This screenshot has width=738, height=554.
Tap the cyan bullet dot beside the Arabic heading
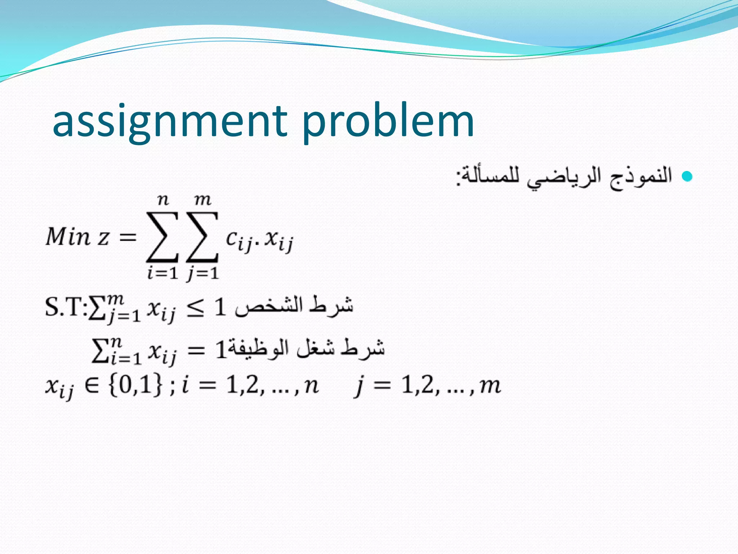[687, 177]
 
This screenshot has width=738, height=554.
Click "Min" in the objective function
[68, 237]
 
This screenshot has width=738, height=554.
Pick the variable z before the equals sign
[103, 239]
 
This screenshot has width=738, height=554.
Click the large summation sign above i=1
[162, 237]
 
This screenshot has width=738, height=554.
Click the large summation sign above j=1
[202, 237]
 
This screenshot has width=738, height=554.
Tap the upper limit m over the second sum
[203, 199]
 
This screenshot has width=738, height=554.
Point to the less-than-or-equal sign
[196, 309]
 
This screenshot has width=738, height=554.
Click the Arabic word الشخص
[269, 306]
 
